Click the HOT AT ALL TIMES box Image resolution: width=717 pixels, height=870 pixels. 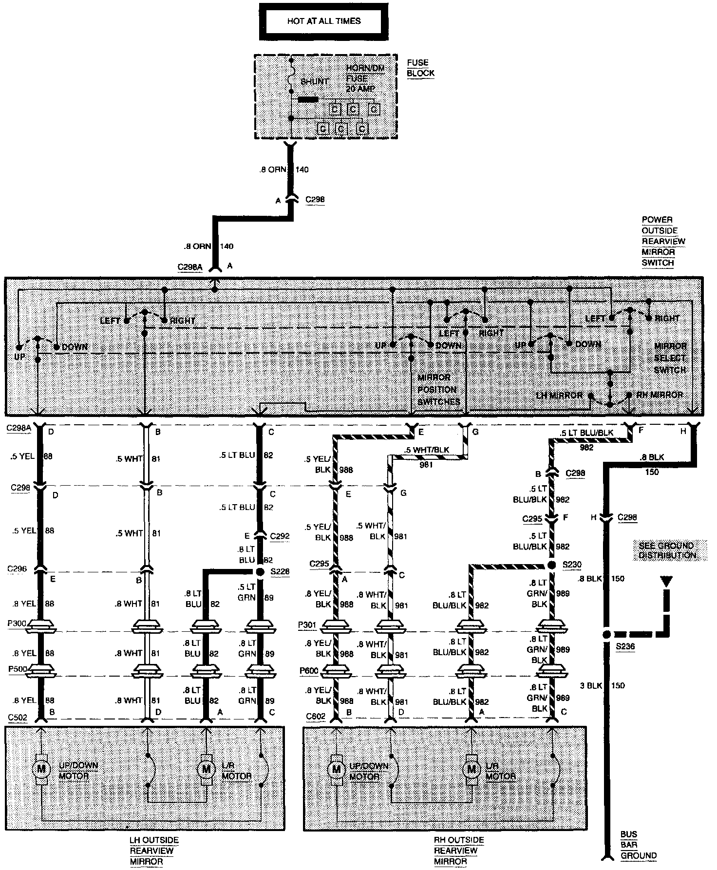point(323,21)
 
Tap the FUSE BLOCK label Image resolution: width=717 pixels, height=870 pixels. point(420,68)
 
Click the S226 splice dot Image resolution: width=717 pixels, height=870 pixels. point(261,571)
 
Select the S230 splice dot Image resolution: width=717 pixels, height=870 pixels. point(551,565)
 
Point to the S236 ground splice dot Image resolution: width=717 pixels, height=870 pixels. point(606,634)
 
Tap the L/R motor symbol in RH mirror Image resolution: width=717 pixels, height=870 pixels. point(471,769)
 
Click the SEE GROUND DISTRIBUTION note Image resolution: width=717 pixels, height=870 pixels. point(667,550)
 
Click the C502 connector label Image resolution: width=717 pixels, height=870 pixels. point(19,717)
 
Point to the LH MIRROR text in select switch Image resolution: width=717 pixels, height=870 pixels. point(559,395)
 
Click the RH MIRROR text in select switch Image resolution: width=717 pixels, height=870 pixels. point(660,395)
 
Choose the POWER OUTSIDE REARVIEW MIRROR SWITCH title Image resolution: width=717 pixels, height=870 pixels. point(663,241)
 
